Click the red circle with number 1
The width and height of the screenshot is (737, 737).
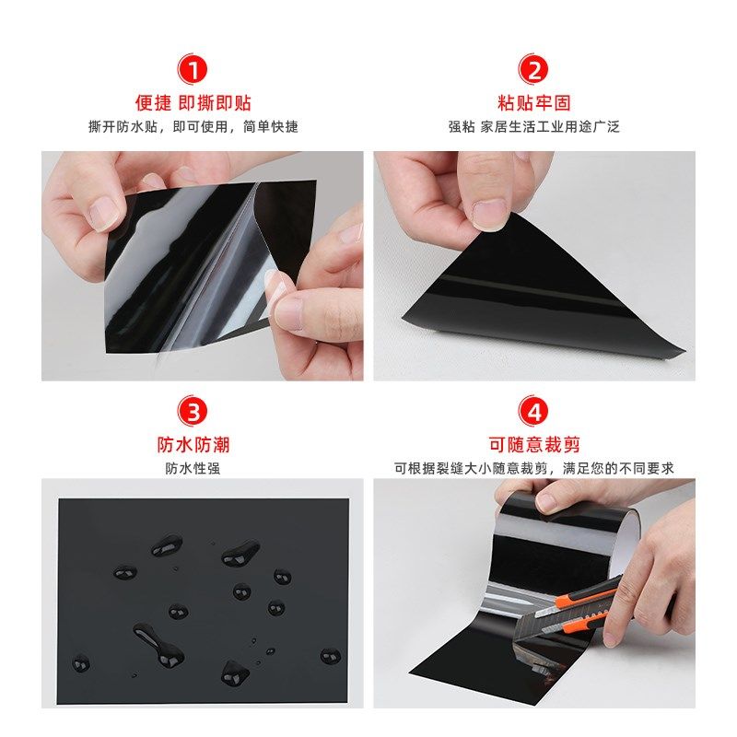point(194,68)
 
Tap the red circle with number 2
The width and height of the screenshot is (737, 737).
point(534,68)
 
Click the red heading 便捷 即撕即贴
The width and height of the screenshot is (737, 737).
point(193,102)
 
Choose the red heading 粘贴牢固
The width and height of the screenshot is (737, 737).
point(534,102)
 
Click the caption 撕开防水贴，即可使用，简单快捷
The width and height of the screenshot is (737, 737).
point(193,126)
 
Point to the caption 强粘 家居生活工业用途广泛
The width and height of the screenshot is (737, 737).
point(534,126)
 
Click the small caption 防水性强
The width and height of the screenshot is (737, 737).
point(193,468)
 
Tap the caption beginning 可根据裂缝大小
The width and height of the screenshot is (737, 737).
point(534,468)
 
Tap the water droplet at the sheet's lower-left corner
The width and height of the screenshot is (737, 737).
point(82,661)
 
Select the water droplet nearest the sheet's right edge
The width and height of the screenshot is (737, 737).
point(330,656)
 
